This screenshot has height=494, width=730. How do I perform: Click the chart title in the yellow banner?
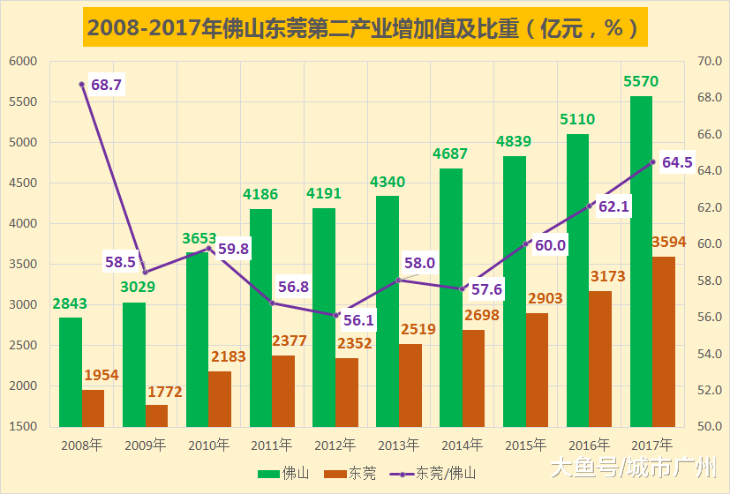[x=365, y=28]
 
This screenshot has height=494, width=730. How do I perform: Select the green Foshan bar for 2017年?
[x=641, y=261]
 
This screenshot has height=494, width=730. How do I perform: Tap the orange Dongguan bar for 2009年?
[x=156, y=415]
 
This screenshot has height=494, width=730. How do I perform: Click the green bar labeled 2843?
[x=71, y=371]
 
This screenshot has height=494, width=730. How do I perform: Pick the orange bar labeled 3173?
[x=600, y=358]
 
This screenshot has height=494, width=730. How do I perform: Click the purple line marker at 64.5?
[x=653, y=162]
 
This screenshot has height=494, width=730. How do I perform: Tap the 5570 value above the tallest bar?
[x=641, y=82]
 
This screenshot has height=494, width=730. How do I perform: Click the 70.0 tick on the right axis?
[x=709, y=62]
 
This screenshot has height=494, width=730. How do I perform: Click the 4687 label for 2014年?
[x=450, y=153]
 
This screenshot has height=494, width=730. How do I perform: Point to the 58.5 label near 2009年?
[x=120, y=262]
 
